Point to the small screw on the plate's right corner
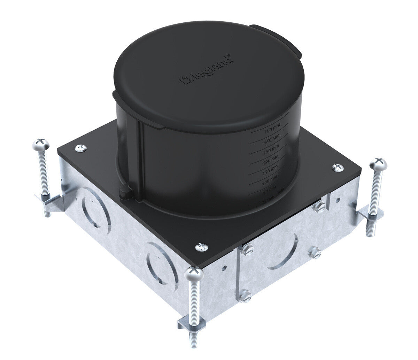pyautogui.click(x=337, y=168)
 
